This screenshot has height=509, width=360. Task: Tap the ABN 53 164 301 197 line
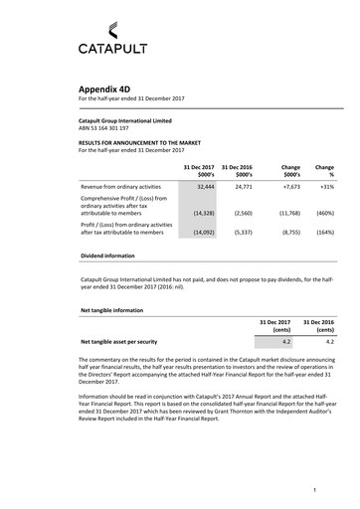(103, 128)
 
